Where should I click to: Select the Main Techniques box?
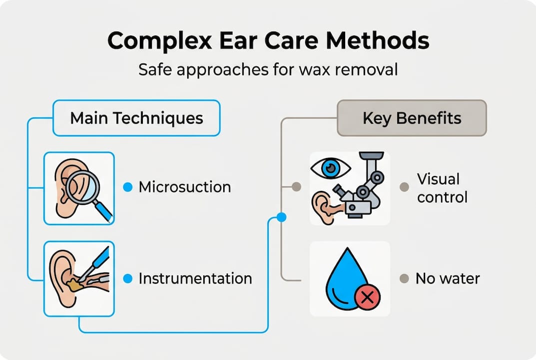(x=136, y=118)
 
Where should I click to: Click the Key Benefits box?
(x=412, y=118)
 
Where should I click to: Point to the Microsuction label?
(x=185, y=187)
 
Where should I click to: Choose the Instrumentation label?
(x=195, y=278)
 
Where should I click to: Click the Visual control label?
(x=442, y=188)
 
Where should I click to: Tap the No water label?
(x=448, y=278)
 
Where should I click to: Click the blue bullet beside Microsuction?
(x=127, y=187)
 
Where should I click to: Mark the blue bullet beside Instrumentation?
(x=127, y=278)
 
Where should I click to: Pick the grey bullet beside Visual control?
(x=404, y=187)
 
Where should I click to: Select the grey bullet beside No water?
(x=404, y=278)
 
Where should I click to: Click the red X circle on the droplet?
(x=367, y=297)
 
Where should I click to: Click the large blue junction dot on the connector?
(x=281, y=217)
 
